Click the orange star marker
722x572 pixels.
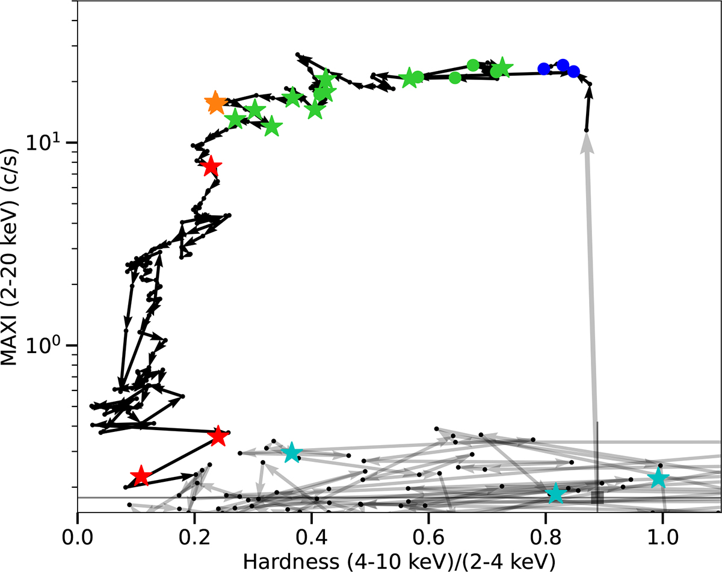click(x=215, y=103)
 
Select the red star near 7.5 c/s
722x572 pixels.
click(x=211, y=167)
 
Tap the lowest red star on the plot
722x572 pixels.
click(x=141, y=476)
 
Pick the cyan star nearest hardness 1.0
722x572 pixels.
click(x=659, y=479)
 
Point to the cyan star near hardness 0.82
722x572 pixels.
click(x=556, y=494)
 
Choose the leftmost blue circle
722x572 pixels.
click(x=544, y=69)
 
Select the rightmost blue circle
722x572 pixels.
click(x=573, y=72)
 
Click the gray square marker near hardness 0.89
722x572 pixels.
click(x=597, y=497)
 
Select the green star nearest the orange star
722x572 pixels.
click(x=235, y=118)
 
